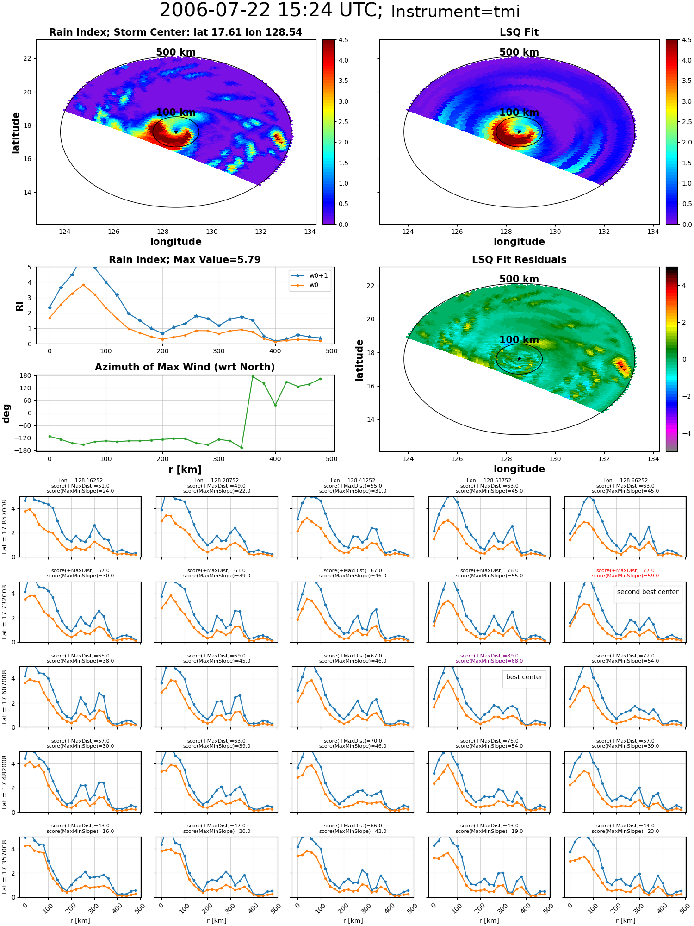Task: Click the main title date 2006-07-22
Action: pos(215,11)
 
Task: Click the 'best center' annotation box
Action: pos(524,677)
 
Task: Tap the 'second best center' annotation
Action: pos(648,592)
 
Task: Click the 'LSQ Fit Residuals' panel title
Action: pos(519,260)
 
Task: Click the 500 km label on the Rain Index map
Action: pos(176,52)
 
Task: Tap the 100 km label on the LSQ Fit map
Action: pos(519,113)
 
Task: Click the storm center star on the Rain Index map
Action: pos(176,132)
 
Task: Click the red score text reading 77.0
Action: pos(626,571)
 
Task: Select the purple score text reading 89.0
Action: pos(489,656)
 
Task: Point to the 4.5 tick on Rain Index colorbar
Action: pos(343,40)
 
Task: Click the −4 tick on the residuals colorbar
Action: pos(684,433)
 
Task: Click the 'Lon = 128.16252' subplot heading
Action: pos(81,481)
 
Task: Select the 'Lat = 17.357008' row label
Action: pos(5,867)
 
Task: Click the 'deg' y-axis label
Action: pos(6,413)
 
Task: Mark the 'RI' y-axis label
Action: pos(20,306)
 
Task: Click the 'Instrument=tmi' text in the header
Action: pos(456,12)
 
